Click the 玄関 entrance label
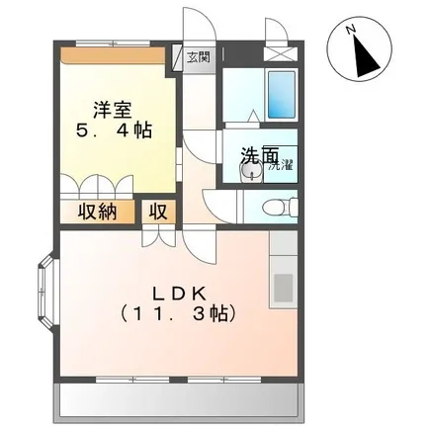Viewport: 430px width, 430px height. tap(199, 57)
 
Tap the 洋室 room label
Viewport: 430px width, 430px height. tap(113, 111)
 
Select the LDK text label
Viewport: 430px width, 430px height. tap(179, 294)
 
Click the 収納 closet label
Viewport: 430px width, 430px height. tap(97, 213)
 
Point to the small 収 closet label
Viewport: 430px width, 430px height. tap(159, 212)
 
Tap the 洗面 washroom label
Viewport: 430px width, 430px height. tap(260, 154)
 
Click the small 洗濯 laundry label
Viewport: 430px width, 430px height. tap(281, 166)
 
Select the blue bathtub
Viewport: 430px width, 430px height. tap(281, 95)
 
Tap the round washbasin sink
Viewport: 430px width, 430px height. tap(251, 171)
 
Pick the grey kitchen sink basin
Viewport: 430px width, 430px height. tap(284, 288)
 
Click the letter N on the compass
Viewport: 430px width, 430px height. tap(351, 30)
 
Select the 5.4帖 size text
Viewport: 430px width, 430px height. tap(114, 130)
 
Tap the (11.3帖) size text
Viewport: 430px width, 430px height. tap(178, 313)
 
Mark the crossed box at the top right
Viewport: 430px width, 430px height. tap(281, 54)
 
